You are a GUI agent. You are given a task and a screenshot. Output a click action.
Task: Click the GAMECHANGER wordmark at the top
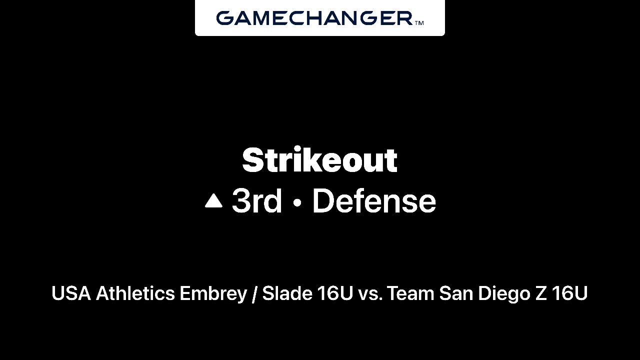tap(314, 18)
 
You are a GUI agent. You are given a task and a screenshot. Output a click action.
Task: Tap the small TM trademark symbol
tap(419, 23)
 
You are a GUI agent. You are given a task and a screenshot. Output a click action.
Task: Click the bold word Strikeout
tap(319, 159)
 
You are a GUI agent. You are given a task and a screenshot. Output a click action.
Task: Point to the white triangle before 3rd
tap(213, 200)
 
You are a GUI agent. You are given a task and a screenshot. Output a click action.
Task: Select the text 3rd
tap(257, 201)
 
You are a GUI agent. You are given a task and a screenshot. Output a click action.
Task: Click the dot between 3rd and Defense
tap(297, 203)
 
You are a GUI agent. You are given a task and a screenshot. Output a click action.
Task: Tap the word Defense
tap(374, 201)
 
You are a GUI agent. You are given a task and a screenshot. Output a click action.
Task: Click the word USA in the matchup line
tap(71, 293)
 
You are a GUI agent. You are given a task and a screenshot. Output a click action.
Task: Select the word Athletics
tap(135, 293)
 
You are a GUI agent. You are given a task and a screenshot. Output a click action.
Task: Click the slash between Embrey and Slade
tap(254, 294)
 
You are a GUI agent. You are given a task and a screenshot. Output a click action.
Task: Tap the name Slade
tap(287, 293)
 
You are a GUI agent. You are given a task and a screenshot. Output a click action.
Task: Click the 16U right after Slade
tap(335, 293)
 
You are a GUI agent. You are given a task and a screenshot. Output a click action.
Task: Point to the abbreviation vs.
tap(370, 295)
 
